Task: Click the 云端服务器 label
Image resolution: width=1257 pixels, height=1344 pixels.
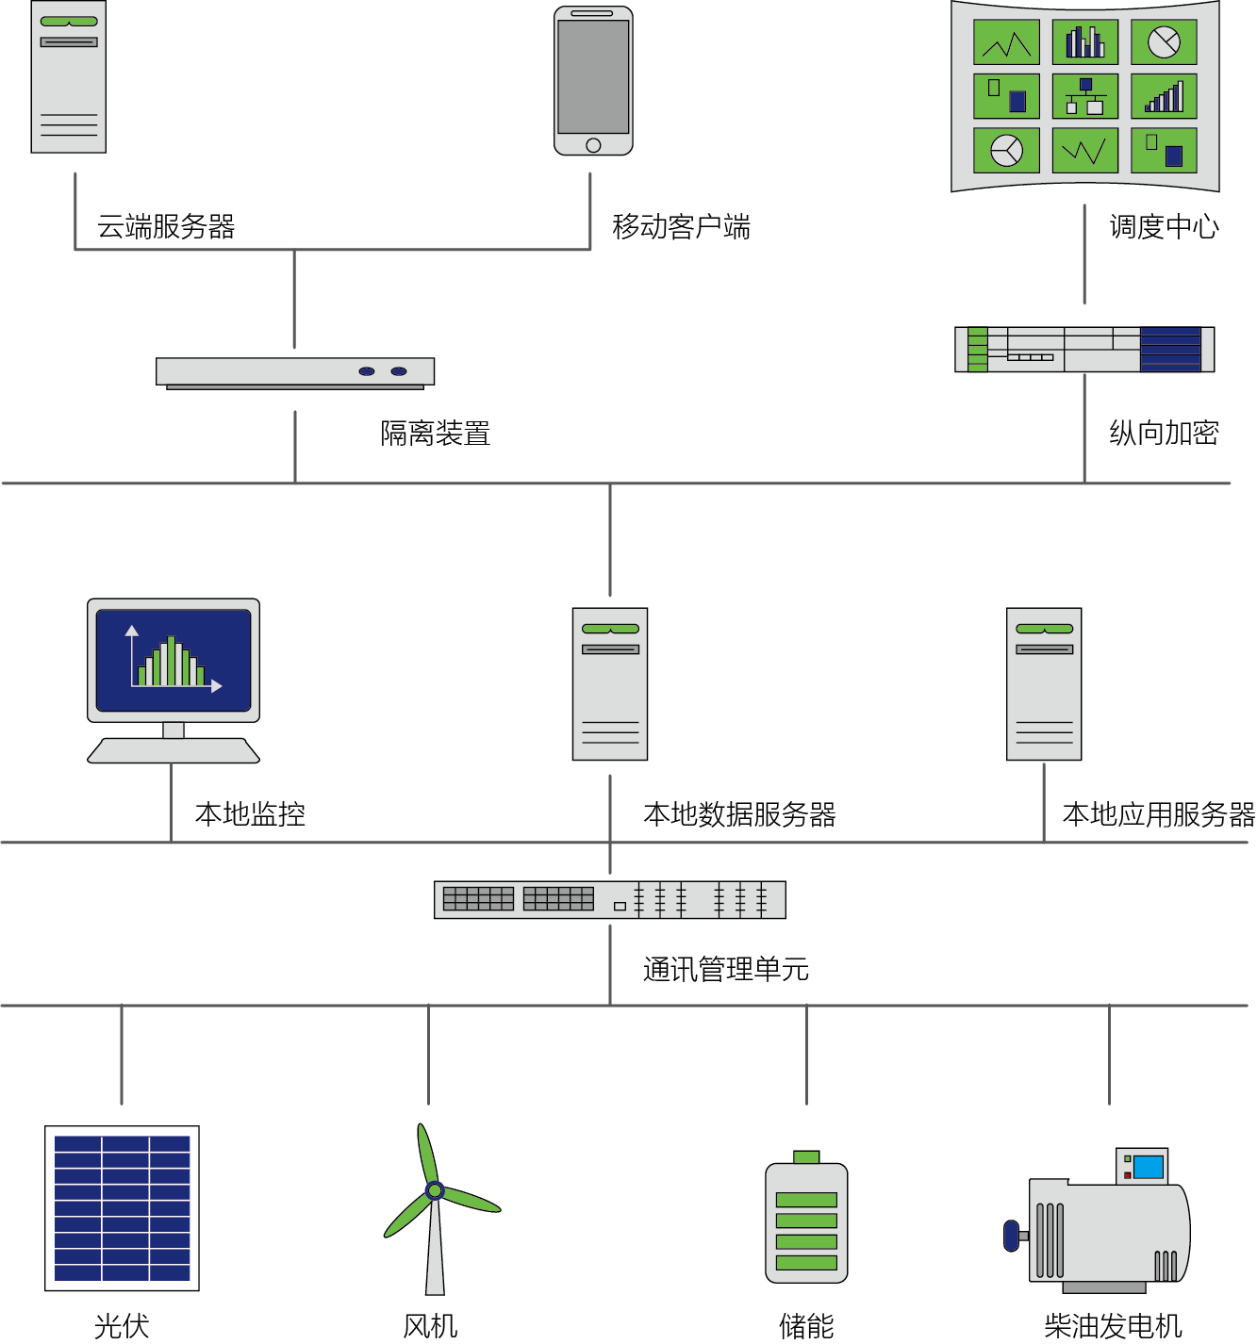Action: point(166,227)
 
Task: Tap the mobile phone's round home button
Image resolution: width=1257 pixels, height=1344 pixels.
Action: point(593,145)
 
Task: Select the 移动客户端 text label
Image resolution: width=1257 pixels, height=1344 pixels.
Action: point(681,227)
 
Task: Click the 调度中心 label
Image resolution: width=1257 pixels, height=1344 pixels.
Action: point(1164,227)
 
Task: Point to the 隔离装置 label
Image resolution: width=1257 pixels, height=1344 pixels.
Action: point(436,434)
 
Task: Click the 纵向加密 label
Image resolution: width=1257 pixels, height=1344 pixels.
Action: point(1164,434)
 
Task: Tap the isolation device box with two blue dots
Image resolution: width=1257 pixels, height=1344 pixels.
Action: point(295,372)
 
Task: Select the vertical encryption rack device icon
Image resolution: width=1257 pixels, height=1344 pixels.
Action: point(1084,350)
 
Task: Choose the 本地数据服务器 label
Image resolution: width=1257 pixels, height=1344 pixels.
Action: point(739,814)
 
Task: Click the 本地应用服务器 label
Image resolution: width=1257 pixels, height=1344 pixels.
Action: point(1159,814)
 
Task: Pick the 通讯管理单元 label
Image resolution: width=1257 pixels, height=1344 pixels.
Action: point(726,969)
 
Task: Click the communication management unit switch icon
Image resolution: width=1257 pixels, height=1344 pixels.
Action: point(609,900)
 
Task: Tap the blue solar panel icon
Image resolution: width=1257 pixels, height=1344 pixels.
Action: point(123,1208)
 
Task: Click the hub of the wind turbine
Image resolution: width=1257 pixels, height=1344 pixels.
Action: point(435,1190)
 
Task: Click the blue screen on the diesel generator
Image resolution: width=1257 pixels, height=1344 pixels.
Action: point(1148,1167)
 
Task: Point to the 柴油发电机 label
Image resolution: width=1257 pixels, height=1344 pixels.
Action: point(1113,1326)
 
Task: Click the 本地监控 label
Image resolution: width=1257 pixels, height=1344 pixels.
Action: point(250,814)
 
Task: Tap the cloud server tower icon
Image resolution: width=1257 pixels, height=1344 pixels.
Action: point(69,77)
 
